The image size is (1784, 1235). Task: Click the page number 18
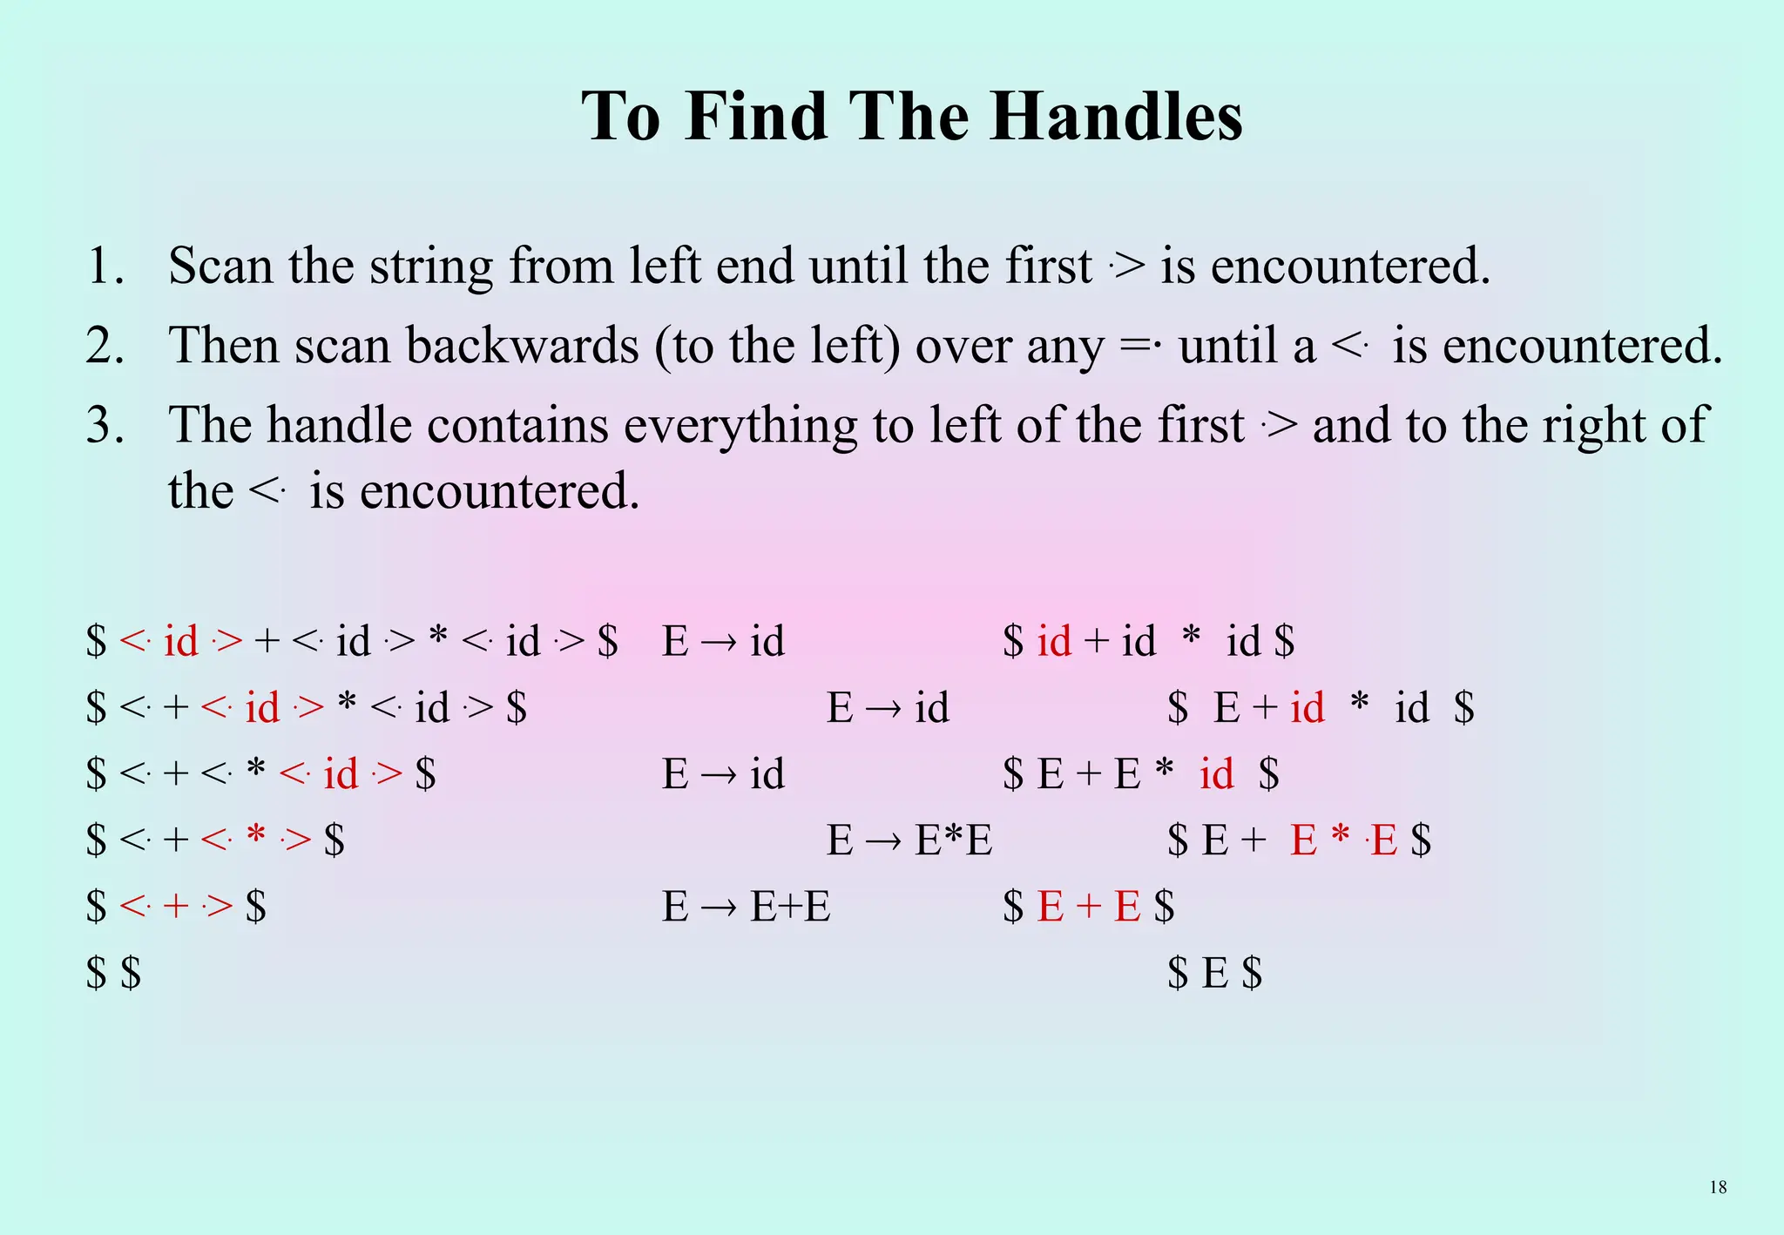1718,1187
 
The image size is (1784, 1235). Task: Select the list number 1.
105,266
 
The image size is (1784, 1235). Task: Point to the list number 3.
105,425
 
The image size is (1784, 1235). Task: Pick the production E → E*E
909,840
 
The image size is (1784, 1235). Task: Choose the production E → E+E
746,907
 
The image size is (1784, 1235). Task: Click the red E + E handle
1089,907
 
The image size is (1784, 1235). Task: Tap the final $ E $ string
1214,973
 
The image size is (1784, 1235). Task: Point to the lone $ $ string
113,973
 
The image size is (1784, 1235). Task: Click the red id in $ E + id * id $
1307,707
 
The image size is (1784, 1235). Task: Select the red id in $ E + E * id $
1216,773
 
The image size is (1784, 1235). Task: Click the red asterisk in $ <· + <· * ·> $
255,838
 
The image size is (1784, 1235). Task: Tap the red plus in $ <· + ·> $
175,907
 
